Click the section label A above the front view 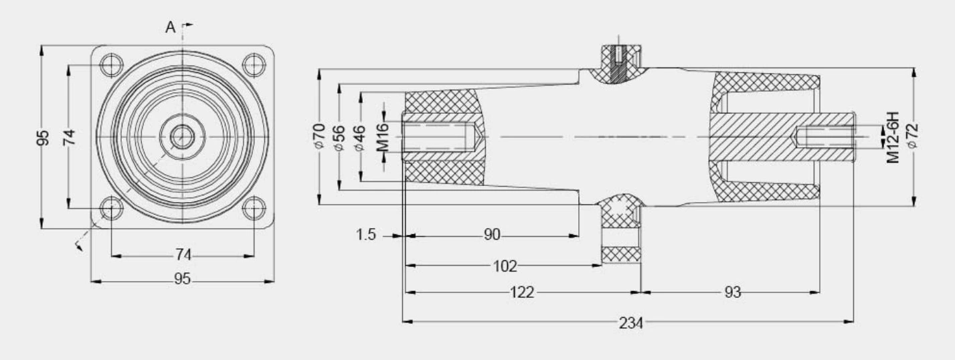tap(170, 27)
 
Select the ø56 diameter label tap(340, 137)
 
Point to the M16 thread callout tap(383, 137)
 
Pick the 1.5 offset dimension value tap(366, 236)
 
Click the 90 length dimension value tap(492, 236)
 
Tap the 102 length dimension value tap(505, 266)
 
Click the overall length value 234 tap(630, 323)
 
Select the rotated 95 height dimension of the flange tap(43, 137)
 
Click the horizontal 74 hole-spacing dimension tap(183, 255)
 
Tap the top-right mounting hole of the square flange tap(252, 65)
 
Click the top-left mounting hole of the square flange tap(111, 65)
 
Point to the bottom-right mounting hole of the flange tap(252, 208)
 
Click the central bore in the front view tap(181, 136)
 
